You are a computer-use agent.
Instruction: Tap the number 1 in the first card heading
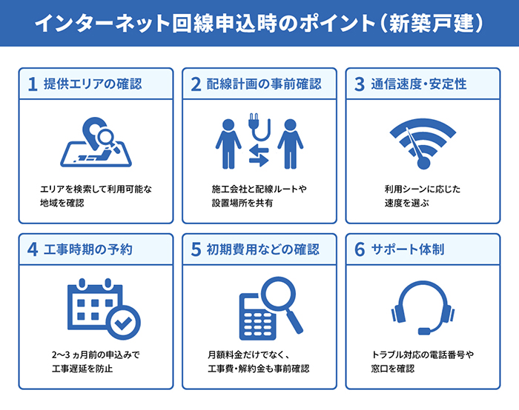(32, 84)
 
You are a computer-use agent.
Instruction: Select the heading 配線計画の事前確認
(265, 84)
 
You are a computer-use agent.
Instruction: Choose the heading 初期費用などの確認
(265, 249)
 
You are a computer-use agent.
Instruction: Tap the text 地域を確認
(62, 202)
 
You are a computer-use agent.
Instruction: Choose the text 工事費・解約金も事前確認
(259, 368)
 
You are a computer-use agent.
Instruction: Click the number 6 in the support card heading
(360, 249)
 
